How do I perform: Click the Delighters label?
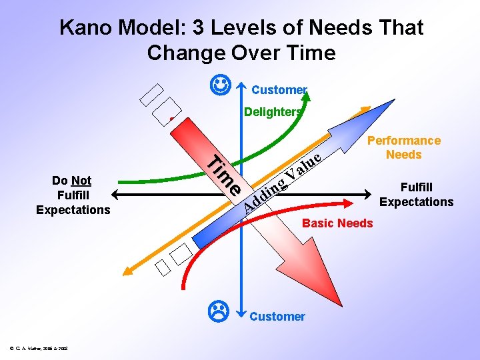(273, 112)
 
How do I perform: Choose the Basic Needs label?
(337, 223)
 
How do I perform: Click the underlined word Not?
(81, 180)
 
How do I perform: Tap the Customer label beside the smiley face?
(279, 90)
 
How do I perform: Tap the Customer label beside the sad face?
(277, 317)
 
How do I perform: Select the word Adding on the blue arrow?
(261, 197)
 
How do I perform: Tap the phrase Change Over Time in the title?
(241, 52)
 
